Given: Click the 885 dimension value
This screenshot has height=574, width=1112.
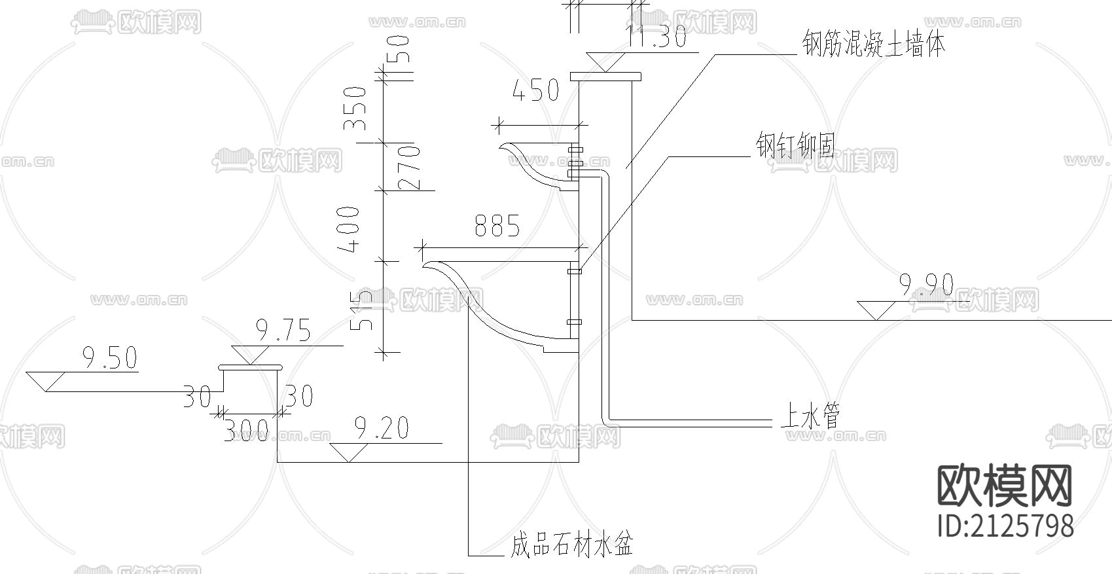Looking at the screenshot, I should (x=497, y=226).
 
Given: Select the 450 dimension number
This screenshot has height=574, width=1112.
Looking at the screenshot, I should (x=535, y=91).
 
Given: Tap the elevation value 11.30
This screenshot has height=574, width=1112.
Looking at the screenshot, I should (x=656, y=37).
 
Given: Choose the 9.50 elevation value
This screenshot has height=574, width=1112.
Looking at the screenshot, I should (x=110, y=358).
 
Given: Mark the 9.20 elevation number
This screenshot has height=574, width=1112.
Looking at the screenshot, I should (x=382, y=429).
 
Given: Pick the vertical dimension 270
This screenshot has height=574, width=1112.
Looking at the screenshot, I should (x=409, y=168).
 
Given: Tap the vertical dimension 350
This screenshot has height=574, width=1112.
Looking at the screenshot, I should (x=356, y=108).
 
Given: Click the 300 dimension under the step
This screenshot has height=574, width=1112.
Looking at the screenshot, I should (x=245, y=430).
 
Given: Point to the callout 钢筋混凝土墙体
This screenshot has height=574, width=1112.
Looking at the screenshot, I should (x=874, y=45).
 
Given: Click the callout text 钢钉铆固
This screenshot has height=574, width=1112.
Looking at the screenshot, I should (x=796, y=146).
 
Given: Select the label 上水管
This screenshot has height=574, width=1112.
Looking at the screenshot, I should (x=810, y=416).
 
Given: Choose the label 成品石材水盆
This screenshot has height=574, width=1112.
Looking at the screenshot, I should (x=571, y=544).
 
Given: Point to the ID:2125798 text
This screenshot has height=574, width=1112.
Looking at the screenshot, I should (x=1006, y=526).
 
